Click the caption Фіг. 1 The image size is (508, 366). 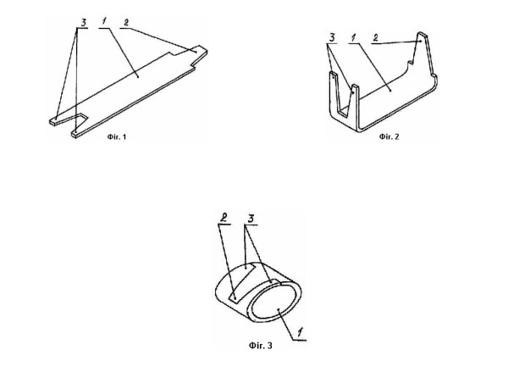(117, 136)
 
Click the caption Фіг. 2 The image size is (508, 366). (389, 136)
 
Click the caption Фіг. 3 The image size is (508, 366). (261, 346)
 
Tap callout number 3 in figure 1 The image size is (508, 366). (84, 23)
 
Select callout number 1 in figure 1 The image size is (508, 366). (104, 22)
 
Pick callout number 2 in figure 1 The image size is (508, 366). (126, 22)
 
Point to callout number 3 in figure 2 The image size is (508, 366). (332, 37)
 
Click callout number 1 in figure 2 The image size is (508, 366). (353, 37)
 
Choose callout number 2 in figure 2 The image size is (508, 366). (375, 37)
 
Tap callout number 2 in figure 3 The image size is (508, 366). (224, 218)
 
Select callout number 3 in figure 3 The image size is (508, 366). (251, 219)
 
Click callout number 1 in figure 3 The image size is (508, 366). (301, 332)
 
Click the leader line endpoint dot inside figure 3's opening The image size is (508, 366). (279, 309)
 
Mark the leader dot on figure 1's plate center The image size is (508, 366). (138, 77)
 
